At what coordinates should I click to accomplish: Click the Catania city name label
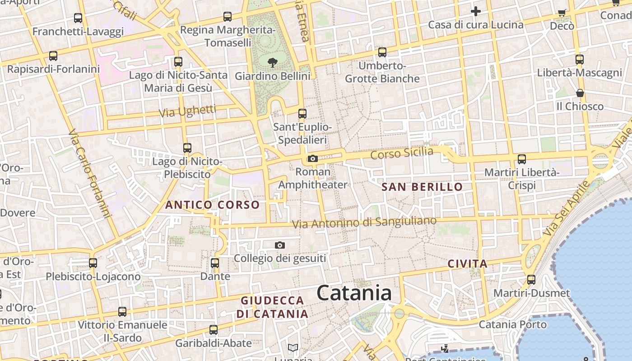pyautogui.click(x=354, y=293)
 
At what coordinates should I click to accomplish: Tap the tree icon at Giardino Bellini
pyautogui.click(x=272, y=62)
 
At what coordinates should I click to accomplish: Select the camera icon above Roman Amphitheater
pyautogui.click(x=312, y=158)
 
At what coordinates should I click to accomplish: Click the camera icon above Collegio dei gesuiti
pyautogui.click(x=280, y=245)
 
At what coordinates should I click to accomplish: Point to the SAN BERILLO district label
pyautogui.click(x=422, y=187)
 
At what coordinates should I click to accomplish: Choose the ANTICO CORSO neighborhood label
pyautogui.click(x=212, y=205)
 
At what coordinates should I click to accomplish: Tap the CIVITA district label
pyautogui.click(x=467, y=264)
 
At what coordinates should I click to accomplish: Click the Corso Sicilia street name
pyautogui.click(x=401, y=153)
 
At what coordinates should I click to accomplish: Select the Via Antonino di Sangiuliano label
pyautogui.click(x=364, y=222)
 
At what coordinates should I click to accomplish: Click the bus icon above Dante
pyautogui.click(x=215, y=263)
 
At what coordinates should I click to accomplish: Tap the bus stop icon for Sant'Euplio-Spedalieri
pyautogui.click(x=302, y=114)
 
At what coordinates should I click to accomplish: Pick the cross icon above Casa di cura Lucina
pyautogui.click(x=475, y=11)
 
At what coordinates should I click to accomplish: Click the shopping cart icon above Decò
pyautogui.click(x=562, y=13)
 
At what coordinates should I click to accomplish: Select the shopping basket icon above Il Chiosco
pyautogui.click(x=580, y=93)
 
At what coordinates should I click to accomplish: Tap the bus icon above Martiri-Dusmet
pyautogui.click(x=531, y=279)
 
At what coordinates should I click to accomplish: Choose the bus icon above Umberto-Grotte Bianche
pyautogui.click(x=382, y=52)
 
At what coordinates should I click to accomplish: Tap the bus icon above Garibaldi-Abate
pyautogui.click(x=214, y=330)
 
